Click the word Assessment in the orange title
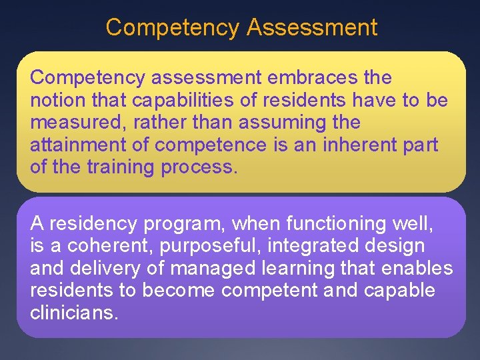[x=312, y=27]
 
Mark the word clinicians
[x=74, y=312]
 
